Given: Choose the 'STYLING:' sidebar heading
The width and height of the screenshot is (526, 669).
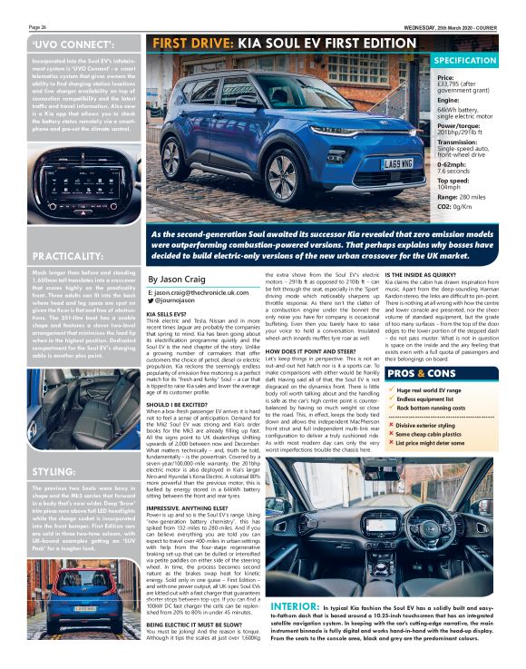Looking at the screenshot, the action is click(x=54, y=473).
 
